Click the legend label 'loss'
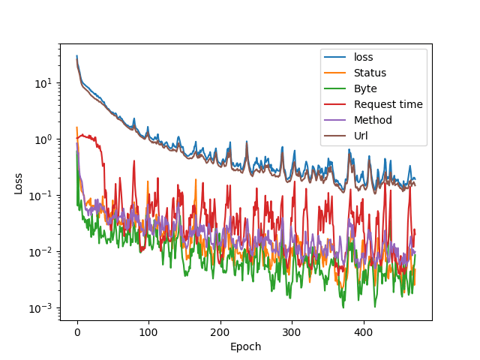[363, 57]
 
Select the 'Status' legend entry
[370, 73]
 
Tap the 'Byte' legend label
[365, 88]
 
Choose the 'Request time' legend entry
[388, 104]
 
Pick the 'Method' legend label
[373, 120]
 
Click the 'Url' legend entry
[361, 136]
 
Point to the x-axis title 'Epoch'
[246, 346]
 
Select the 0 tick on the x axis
[76, 331]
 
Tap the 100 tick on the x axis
[148, 331]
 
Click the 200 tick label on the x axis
[220, 331]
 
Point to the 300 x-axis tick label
[292, 331]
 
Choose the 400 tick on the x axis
[363, 331]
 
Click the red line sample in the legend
[334, 104]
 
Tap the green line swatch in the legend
[334, 88]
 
